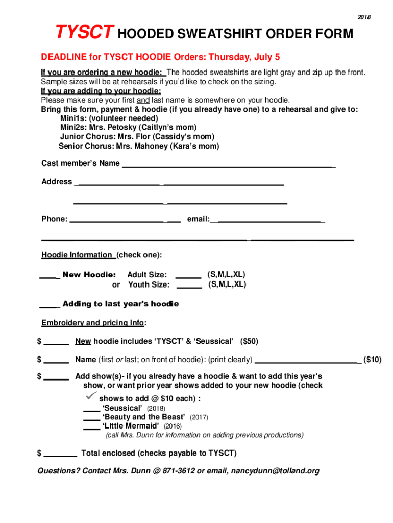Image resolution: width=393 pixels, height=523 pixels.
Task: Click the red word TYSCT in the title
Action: coord(85,34)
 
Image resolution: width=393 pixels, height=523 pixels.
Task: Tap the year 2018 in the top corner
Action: coord(364,18)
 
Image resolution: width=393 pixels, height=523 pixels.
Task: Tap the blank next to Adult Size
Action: coord(188,277)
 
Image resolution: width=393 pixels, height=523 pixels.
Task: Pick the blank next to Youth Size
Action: coord(188,287)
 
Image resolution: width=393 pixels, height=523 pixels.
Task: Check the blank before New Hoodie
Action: coord(50,277)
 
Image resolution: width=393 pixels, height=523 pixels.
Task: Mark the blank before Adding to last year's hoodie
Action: coord(50,306)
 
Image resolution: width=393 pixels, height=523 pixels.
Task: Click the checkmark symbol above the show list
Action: coord(91,397)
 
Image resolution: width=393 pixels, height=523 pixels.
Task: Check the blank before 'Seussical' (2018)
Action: coord(91,410)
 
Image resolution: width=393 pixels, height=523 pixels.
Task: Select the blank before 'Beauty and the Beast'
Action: coord(91,419)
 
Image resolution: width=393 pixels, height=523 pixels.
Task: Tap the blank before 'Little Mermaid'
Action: coord(91,428)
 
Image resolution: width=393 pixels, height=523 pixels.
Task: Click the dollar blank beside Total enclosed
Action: coord(61,455)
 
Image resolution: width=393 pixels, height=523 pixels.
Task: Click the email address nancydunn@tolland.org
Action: coord(275,471)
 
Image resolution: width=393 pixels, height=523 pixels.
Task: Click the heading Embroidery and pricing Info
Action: coord(93,323)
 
